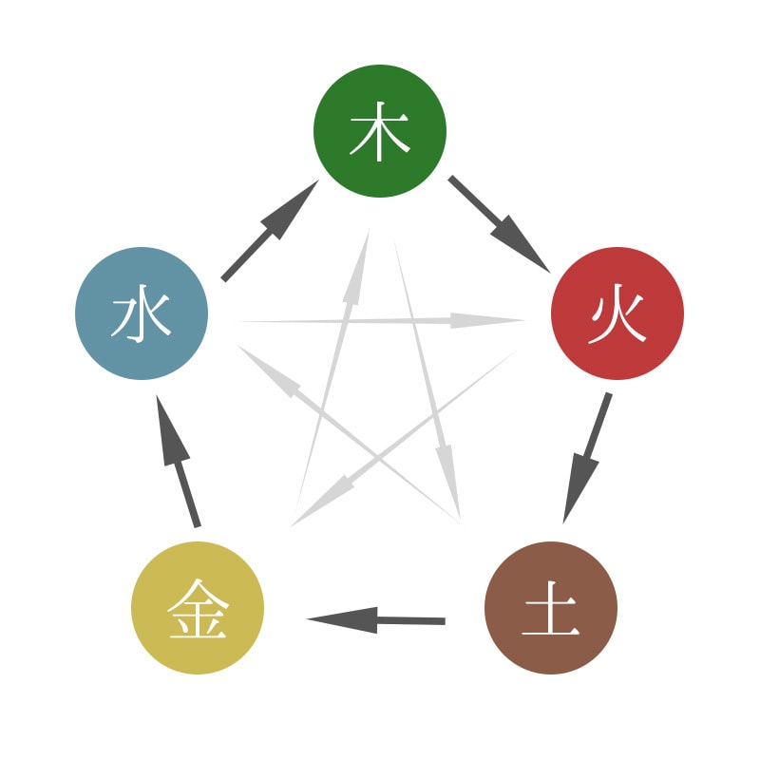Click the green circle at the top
[x=380, y=131]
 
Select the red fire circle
[x=617, y=313]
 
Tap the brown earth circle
[x=551, y=608]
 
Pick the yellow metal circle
[x=198, y=608]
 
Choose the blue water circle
[x=142, y=313]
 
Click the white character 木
[x=380, y=131]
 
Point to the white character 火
[x=617, y=313]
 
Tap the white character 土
[x=551, y=608]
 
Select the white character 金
[x=198, y=608]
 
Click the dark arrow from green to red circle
[x=500, y=224]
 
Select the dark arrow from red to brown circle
[x=587, y=458]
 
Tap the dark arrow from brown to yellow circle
[x=375, y=620]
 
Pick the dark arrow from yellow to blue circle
[x=178, y=461]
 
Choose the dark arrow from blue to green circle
[x=270, y=231]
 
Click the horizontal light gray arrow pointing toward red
[x=381, y=320]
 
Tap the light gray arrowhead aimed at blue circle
[x=267, y=370]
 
